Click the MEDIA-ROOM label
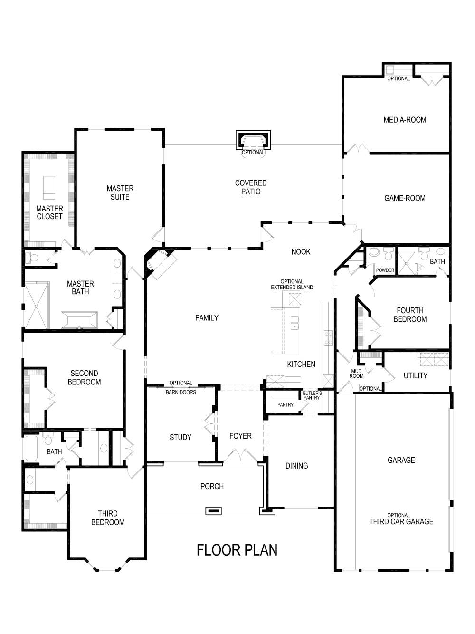coord(405,120)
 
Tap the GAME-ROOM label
coord(405,198)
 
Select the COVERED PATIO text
coord(251,187)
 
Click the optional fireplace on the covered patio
coord(253,141)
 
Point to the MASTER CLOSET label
coord(49,212)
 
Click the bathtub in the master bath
coord(79,320)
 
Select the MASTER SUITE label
coord(120,192)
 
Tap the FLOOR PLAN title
coord(237,550)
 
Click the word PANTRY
coord(285,405)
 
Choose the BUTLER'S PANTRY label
coord(312,395)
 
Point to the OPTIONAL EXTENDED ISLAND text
coord(292,284)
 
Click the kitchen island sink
coord(294,322)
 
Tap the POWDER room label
coord(385,270)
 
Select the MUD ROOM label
coord(356,374)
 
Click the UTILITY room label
coord(415,375)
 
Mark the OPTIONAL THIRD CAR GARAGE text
coord(401,519)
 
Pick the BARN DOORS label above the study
coord(180,392)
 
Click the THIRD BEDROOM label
coord(108,518)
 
